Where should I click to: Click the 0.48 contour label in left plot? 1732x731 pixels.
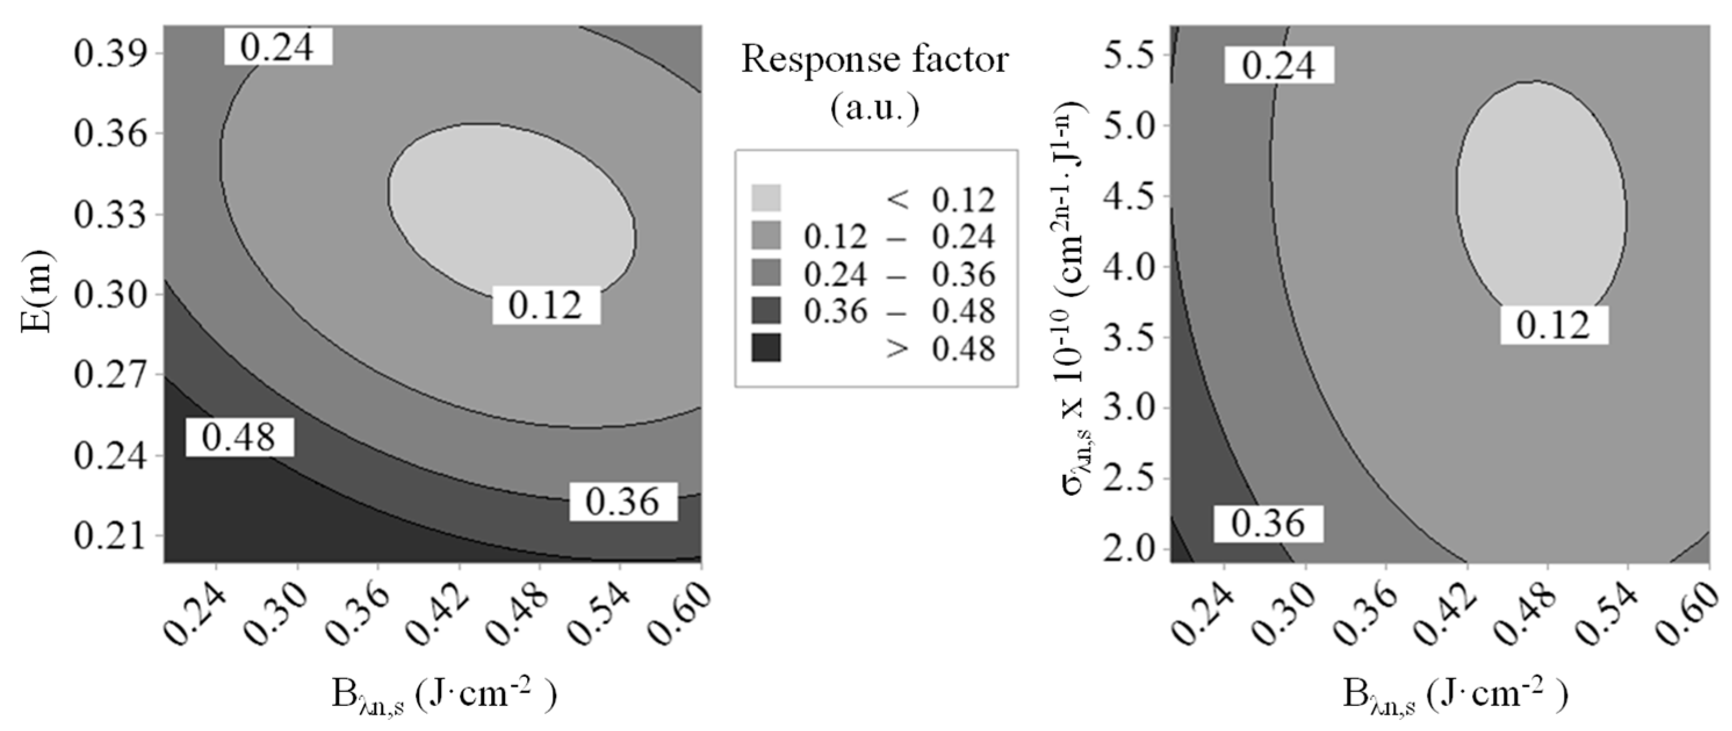pyautogui.click(x=239, y=437)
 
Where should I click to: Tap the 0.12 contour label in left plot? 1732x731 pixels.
pyautogui.click(x=546, y=305)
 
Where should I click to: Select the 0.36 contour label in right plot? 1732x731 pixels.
pyautogui.click(x=1268, y=523)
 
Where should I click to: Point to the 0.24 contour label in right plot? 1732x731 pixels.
pyautogui.click(x=1278, y=65)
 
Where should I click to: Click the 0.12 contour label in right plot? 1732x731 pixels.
pyautogui.click(x=1554, y=326)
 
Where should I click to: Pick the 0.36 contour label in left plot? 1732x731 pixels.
pyautogui.click(x=623, y=502)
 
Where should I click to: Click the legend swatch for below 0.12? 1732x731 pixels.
pyautogui.click(x=766, y=199)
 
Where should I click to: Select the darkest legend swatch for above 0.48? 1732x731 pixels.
pyautogui.click(x=766, y=348)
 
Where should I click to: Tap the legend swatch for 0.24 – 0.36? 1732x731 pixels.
pyautogui.click(x=766, y=273)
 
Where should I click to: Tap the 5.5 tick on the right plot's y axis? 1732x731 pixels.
pyautogui.click(x=1128, y=55)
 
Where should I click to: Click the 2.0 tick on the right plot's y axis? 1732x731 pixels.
pyautogui.click(x=1128, y=550)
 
